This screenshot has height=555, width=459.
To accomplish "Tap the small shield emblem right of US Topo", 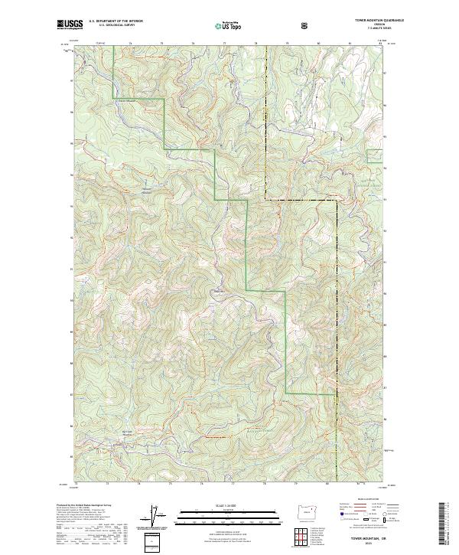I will point(304,26).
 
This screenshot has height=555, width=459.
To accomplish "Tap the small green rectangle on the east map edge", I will point(374,156).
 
